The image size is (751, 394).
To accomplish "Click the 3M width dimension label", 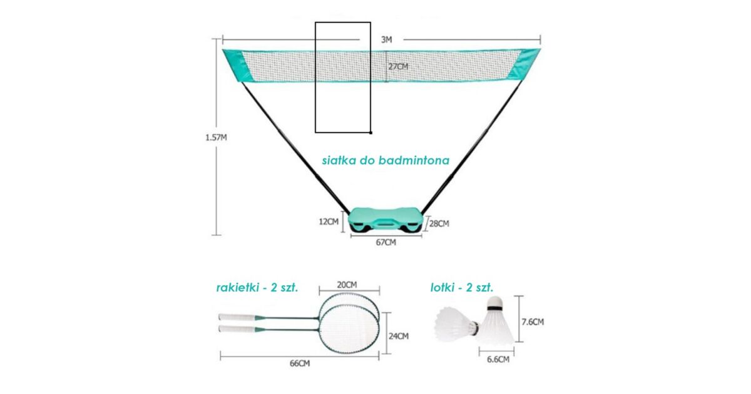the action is [x=386, y=39].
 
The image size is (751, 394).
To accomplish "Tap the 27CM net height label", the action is [x=398, y=67].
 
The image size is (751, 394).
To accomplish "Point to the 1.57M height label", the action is [x=216, y=138].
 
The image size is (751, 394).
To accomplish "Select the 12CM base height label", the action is [x=329, y=221].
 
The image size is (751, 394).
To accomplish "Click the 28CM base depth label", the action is [x=439, y=223].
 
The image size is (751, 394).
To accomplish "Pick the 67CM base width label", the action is [x=386, y=242].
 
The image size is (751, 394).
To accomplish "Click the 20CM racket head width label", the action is [x=347, y=285].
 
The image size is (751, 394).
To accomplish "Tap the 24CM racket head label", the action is [x=399, y=336].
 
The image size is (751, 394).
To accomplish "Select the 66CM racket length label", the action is [x=300, y=363].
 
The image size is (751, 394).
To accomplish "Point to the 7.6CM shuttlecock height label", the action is [x=533, y=322].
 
